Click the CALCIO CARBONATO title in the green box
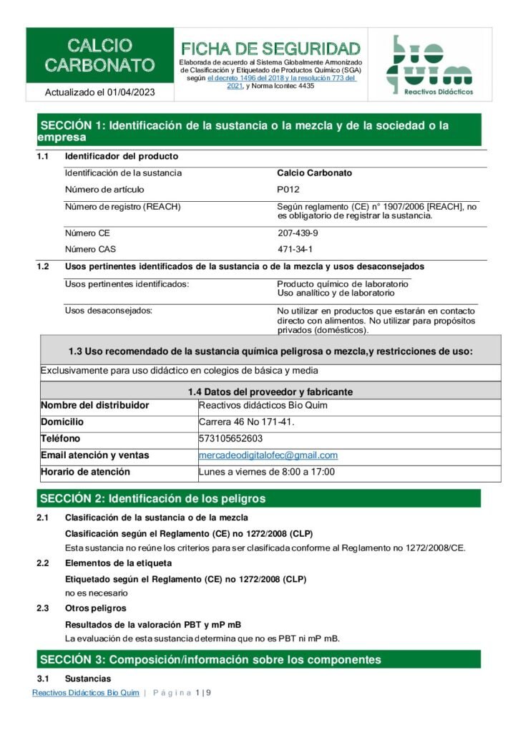pos(99,56)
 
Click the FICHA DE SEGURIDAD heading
pos(270,49)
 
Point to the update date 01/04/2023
pos(129,92)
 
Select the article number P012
pos(288,190)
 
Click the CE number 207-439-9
pos(298,233)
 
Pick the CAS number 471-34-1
pos(295,249)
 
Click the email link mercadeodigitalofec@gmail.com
pos(268,455)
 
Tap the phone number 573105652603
pos(230,439)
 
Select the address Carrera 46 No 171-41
pos(246,422)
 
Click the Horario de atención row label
pos(85,472)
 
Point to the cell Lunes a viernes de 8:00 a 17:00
pos(266,472)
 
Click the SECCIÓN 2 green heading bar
pos(258,498)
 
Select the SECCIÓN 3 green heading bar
pos(258,659)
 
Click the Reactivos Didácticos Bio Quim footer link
pos(86,693)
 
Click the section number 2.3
pos(43,608)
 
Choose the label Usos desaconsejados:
pos(109,311)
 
